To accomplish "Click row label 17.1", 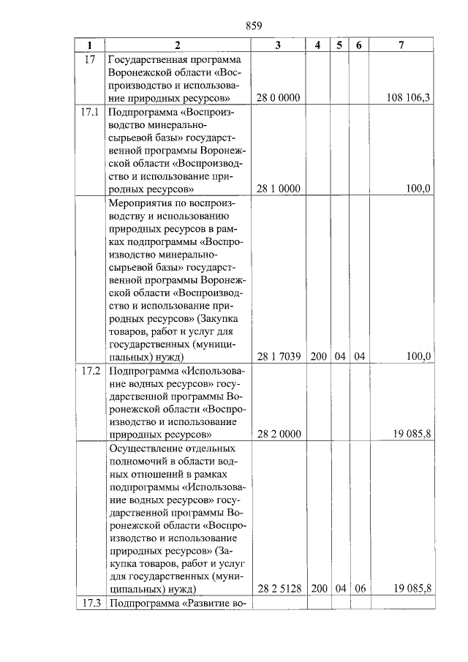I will click(91, 113).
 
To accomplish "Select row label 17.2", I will click(91, 371).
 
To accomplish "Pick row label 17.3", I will click(91, 603).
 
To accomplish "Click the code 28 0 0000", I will click(278, 98).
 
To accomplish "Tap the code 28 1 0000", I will click(278, 189).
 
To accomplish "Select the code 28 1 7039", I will click(278, 356).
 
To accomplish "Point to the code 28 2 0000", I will click(278, 434).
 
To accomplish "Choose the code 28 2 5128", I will click(278, 588).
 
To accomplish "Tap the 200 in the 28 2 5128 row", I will click(319, 588).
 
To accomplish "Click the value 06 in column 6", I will click(359, 588).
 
